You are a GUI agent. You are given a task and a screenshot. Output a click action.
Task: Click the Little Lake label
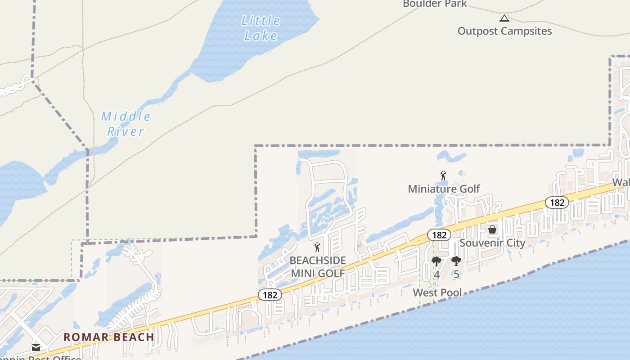click(261, 28)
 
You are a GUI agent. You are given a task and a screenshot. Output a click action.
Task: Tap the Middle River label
click(126, 124)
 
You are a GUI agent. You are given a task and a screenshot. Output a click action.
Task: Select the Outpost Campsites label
click(504, 31)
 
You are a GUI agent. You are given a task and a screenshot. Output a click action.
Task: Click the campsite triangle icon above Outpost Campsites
click(504, 18)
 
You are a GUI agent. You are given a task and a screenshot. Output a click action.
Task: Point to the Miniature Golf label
click(444, 189)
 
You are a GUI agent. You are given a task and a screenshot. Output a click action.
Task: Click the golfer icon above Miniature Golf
click(443, 175)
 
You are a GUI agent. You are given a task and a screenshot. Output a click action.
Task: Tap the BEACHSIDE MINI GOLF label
click(318, 267)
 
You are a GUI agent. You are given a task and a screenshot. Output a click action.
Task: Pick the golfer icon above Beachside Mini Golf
click(317, 247)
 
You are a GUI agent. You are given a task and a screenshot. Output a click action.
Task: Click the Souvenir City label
click(492, 243)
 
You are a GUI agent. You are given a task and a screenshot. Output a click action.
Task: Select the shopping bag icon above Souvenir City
click(492, 230)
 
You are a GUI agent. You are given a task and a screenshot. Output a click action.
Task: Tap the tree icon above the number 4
click(436, 261)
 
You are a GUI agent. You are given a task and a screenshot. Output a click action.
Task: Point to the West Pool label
click(437, 293)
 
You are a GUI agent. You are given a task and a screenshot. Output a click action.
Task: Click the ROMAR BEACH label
click(108, 337)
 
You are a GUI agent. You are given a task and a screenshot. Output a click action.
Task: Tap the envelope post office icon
click(36, 347)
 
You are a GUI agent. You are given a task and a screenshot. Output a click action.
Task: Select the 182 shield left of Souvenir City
click(439, 235)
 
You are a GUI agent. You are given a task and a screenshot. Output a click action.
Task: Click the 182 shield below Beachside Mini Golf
click(270, 295)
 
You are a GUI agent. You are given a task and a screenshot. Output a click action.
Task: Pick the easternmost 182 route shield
click(557, 202)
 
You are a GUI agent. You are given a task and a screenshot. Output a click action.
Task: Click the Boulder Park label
click(435, 4)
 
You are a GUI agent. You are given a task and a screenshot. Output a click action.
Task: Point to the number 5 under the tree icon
click(456, 274)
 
